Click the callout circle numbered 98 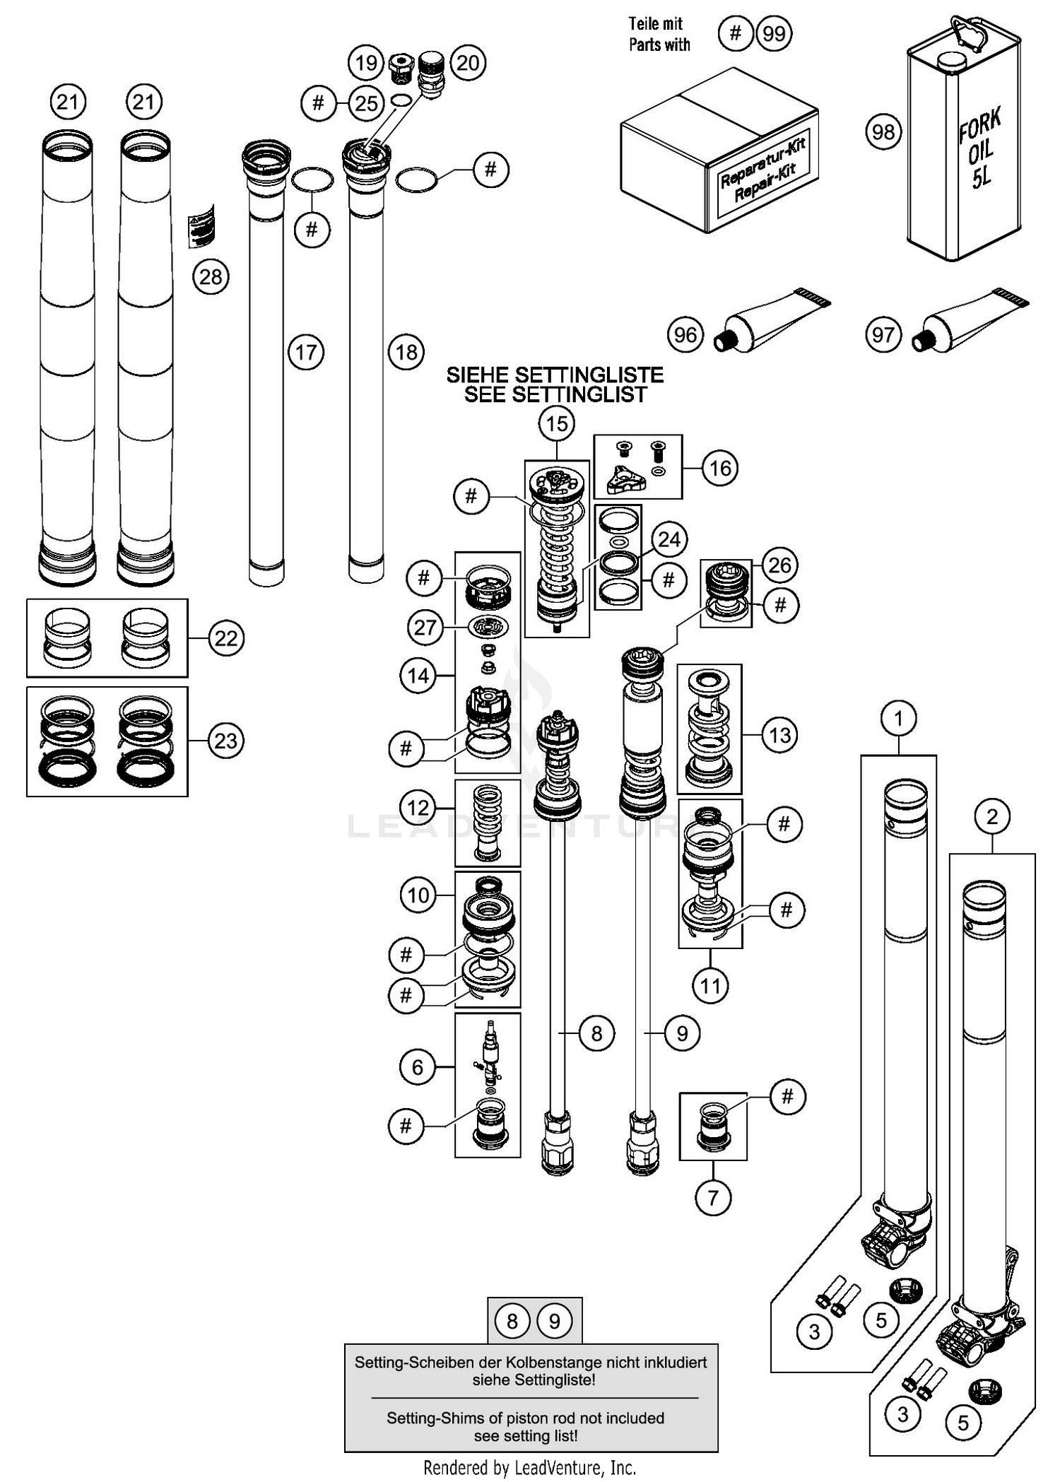pos(883,131)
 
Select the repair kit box pos(719,152)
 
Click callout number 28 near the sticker pos(211,276)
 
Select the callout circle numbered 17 pos(306,352)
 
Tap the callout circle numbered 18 pos(406,352)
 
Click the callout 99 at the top pos(774,33)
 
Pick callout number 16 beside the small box pos(719,468)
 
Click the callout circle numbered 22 pos(226,638)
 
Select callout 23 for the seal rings pos(226,741)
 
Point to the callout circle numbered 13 pos(779,735)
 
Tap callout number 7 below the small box pos(712,1197)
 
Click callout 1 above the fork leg pos(898,719)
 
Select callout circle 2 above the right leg pos(992,817)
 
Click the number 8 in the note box pos(512,1321)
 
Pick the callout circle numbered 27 pos(425,627)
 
